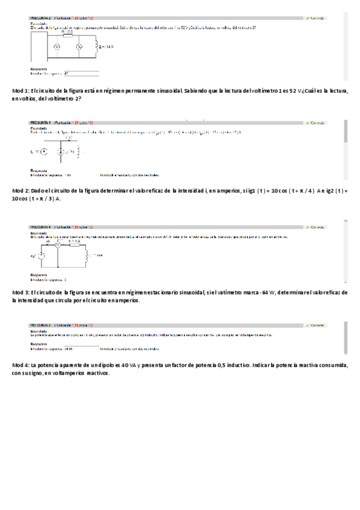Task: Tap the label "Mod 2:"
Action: (x=20, y=191)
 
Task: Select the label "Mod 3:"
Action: (x=20, y=292)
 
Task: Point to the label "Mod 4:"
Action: (x=20, y=365)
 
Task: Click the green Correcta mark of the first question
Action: (x=315, y=18)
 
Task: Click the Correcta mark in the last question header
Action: (x=315, y=325)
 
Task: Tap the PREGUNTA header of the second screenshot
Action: (x=40, y=123)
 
